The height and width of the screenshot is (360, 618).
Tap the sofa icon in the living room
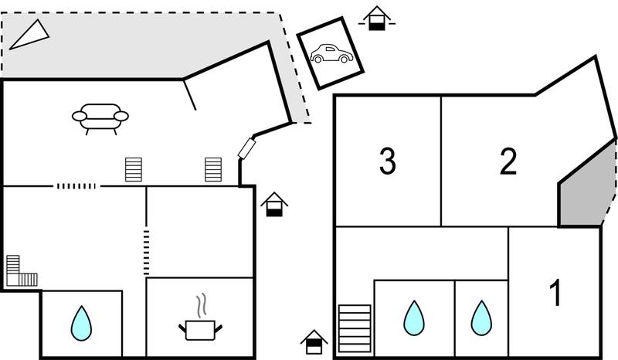[x=100, y=118]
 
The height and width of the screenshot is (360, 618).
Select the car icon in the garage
[x=331, y=53]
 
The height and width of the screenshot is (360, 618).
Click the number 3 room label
[x=388, y=161]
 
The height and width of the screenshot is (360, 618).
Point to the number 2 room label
[x=508, y=161]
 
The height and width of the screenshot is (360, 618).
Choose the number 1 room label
[x=555, y=292]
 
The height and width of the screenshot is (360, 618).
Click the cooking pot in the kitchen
[x=200, y=330]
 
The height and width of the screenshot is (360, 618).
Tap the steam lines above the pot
[x=202, y=305]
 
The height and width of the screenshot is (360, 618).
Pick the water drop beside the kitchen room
[x=81, y=324]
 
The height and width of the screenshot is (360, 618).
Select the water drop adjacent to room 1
[x=481, y=318]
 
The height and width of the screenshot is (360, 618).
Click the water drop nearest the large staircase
[x=414, y=318]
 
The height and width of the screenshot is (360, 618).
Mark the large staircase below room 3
[x=355, y=328]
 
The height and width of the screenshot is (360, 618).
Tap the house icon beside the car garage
[x=377, y=19]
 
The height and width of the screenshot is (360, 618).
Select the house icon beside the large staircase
[x=314, y=342]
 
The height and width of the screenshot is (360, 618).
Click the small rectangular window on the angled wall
[x=247, y=148]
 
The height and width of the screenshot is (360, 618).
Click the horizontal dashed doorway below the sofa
[x=76, y=186]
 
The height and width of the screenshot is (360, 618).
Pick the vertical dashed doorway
[x=146, y=253]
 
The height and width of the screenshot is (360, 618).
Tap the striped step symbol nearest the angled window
[x=213, y=169]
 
